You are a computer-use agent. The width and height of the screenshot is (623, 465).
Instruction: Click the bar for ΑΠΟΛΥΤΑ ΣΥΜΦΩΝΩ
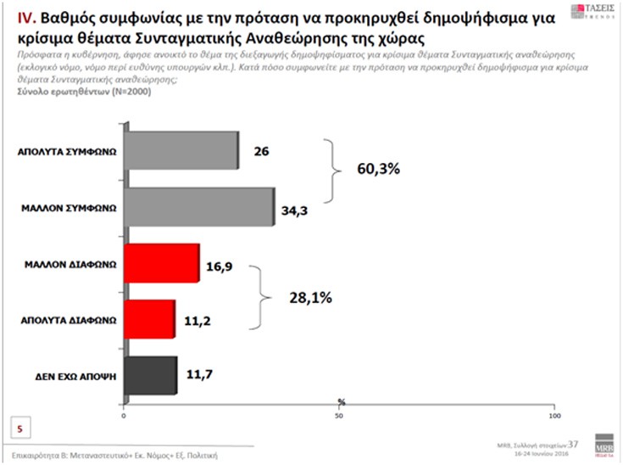click(181, 154)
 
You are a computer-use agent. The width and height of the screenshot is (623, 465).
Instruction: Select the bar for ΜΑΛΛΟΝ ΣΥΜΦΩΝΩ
click(199, 207)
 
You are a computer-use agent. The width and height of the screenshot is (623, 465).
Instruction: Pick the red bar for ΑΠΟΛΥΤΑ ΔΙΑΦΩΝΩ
click(149, 319)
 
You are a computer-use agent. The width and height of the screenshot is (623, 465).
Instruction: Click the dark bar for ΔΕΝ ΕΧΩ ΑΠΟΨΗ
click(150, 374)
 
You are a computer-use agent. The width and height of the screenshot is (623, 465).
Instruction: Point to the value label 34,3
click(294, 208)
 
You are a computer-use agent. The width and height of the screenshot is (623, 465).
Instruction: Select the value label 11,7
click(195, 374)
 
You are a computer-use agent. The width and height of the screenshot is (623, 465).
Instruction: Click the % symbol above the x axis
click(340, 401)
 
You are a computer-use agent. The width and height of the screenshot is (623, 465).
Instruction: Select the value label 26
click(261, 154)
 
